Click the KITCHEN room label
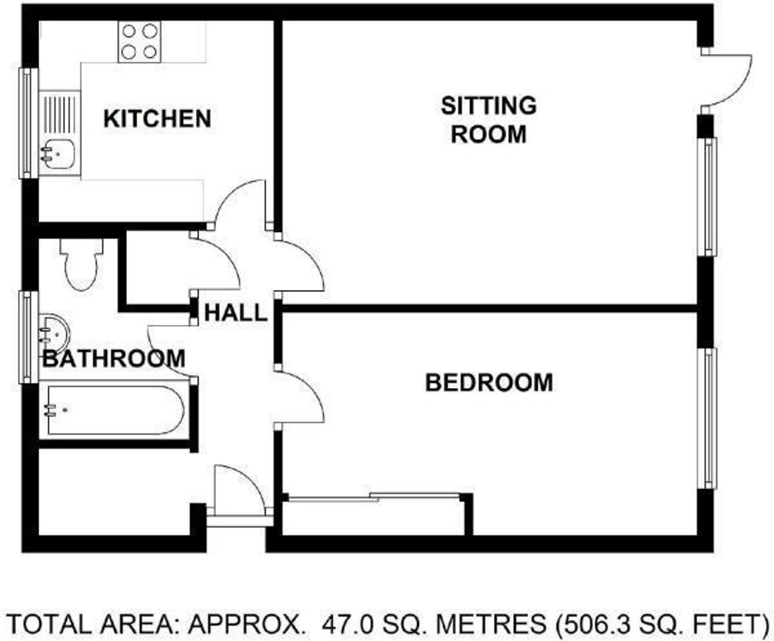tap(157, 119)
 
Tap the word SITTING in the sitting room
tap(488, 106)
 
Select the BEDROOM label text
tap(489, 383)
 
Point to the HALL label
tap(235, 313)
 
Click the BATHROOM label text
tap(113, 359)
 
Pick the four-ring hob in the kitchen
tap(139, 41)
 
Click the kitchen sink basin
tap(58, 154)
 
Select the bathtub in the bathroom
tap(114, 410)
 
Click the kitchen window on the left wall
tap(28, 123)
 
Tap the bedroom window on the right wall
tap(708, 418)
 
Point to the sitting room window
tap(708, 197)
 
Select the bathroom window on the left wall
tap(28, 337)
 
